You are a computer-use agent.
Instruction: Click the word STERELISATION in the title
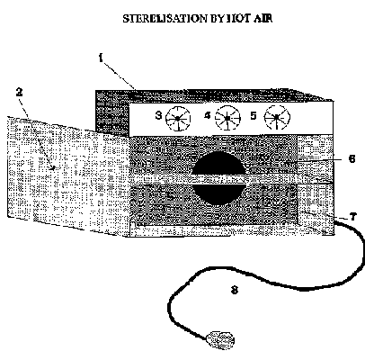pyautogui.click(x=165, y=19)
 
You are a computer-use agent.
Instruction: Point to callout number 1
pyautogui.click(x=101, y=58)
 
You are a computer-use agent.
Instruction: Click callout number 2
pyautogui.click(x=20, y=92)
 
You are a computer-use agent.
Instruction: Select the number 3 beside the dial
pyautogui.click(x=158, y=115)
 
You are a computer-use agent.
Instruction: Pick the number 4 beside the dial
pyautogui.click(x=208, y=115)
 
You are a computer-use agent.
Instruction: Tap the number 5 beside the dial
pyautogui.click(x=254, y=115)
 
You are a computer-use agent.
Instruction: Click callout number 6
pyautogui.click(x=352, y=158)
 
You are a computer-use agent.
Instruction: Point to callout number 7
pyautogui.click(x=353, y=216)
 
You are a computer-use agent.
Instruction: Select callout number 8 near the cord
pyautogui.click(x=235, y=290)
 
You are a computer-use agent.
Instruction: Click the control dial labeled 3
pyautogui.click(x=178, y=119)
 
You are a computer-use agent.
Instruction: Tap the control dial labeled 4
pyautogui.click(x=227, y=118)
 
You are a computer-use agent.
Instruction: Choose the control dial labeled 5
pyautogui.click(x=277, y=117)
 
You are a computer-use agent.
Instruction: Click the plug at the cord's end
pyautogui.click(x=220, y=340)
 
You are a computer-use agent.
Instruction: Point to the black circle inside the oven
pyautogui.click(x=218, y=178)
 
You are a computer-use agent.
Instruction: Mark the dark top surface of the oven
pyautogui.click(x=214, y=94)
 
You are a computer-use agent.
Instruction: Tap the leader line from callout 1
pyautogui.click(x=119, y=75)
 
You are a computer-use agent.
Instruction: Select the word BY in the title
pyautogui.click(x=216, y=19)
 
